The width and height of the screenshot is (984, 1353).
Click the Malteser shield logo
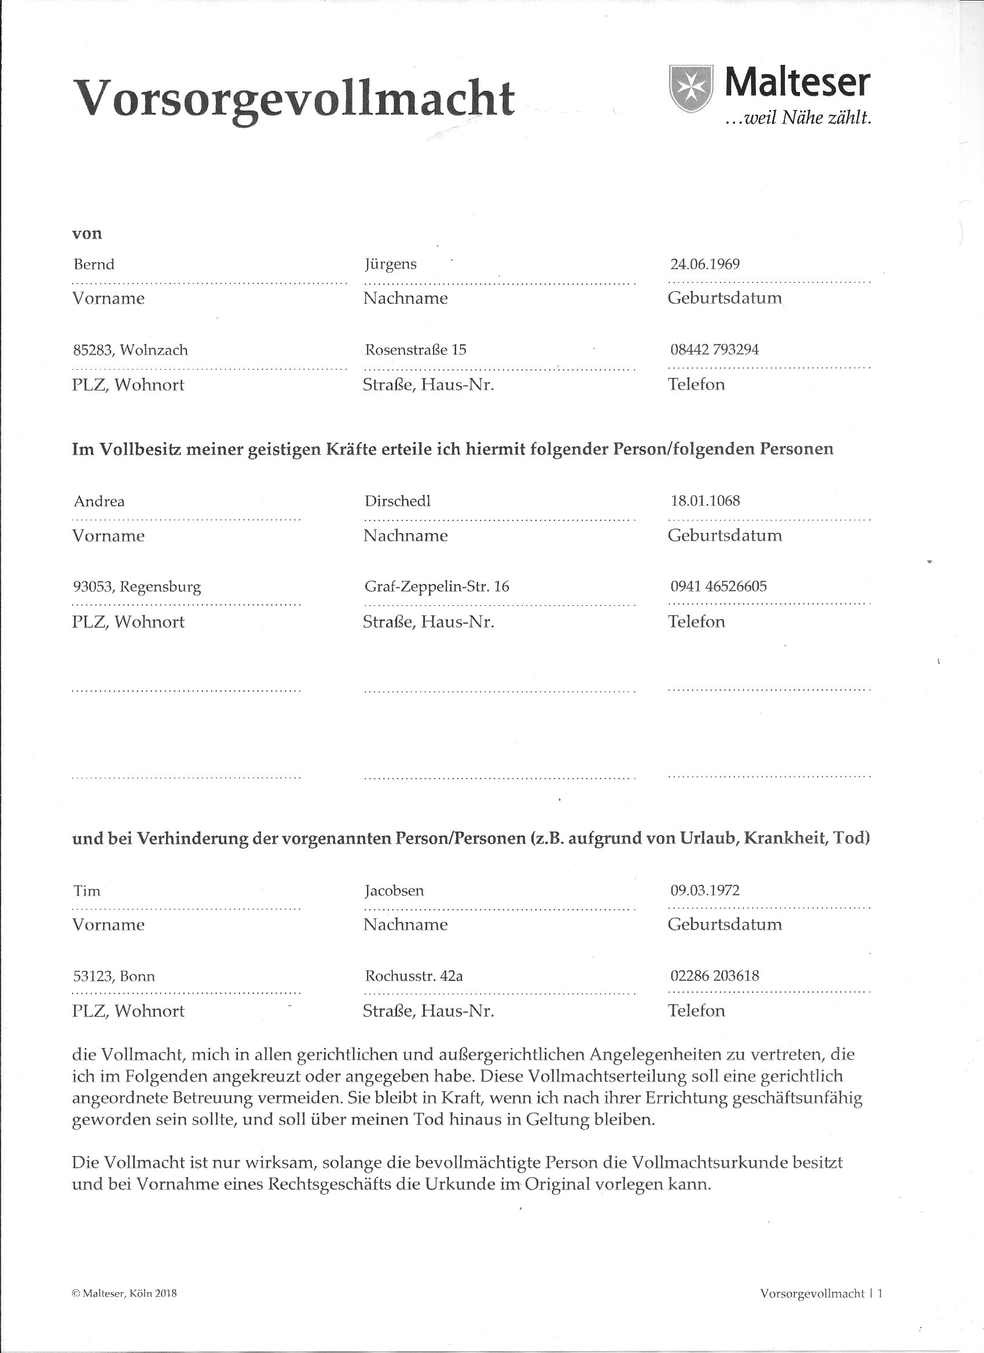(x=691, y=89)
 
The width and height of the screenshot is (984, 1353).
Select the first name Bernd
(x=94, y=264)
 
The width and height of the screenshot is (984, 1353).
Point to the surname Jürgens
(x=390, y=264)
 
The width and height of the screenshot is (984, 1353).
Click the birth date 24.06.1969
(x=705, y=264)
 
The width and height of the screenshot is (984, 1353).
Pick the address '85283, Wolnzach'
(x=130, y=350)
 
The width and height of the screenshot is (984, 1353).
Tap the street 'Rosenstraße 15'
(x=416, y=350)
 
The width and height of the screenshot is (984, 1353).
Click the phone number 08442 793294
(x=714, y=350)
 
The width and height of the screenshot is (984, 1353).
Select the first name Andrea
(x=99, y=501)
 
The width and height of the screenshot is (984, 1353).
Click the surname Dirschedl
(x=398, y=501)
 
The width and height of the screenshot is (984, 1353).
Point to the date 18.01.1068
(x=705, y=501)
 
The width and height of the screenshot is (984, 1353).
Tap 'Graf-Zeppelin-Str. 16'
(x=437, y=586)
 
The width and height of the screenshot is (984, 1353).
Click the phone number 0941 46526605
(x=718, y=586)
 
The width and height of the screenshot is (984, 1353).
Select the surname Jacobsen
(x=394, y=891)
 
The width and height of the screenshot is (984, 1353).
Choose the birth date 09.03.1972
(x=705, y=891)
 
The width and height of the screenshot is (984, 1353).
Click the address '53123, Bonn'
(x=114, y=977)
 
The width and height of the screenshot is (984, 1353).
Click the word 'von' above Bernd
(x=87, y=234)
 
